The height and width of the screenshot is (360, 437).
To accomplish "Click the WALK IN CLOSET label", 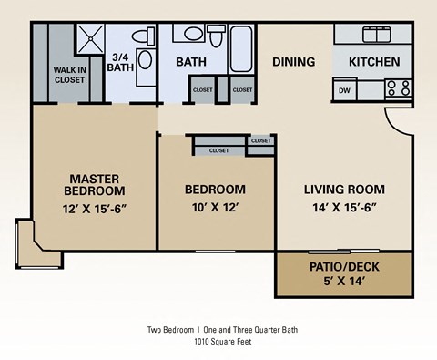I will coord(69,75).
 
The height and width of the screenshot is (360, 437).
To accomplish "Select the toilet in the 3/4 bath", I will coord(140,36).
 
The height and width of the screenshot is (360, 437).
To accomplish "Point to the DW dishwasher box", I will coord(344,90).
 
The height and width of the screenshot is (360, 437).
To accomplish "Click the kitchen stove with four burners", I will coord(398,88).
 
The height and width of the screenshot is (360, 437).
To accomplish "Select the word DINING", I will coord(293,62).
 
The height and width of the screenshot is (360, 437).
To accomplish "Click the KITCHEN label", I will coord(374,62).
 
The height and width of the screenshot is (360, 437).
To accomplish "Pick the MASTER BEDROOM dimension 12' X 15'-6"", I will coord(95,208).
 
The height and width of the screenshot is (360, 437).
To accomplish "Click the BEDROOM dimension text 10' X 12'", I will coord(215,207).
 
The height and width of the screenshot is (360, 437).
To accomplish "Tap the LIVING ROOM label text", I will coord(343,190).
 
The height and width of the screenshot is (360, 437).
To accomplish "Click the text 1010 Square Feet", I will coord(222,342).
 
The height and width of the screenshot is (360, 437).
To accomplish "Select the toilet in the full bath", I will coord(216,36).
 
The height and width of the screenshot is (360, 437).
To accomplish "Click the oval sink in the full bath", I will coord(192,34).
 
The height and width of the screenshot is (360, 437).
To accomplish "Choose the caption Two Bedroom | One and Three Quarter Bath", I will coord(222,330).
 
